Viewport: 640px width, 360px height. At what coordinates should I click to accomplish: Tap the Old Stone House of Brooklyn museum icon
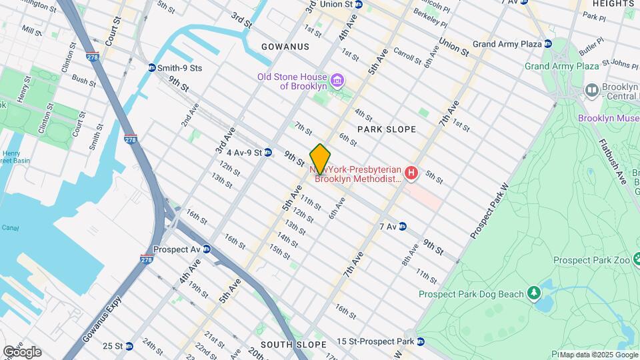point(338,81)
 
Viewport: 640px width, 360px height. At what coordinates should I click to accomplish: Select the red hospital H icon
point(411,174)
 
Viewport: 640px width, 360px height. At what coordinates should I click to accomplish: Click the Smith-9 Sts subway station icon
point(152,68)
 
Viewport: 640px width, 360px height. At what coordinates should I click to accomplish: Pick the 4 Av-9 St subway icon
point(267,153)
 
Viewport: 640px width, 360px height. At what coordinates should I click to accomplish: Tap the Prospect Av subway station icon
point(207,249)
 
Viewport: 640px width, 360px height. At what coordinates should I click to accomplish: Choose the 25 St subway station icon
point(129,346)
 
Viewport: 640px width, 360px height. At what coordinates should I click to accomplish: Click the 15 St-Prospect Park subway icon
point(420,341)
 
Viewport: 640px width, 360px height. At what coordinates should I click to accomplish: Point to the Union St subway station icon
point(359,4)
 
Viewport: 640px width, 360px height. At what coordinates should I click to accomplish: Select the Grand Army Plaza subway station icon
point(548,44)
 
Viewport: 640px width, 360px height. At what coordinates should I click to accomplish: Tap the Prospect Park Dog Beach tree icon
point(533,293)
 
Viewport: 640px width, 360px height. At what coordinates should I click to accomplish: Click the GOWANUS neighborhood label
point(285,47)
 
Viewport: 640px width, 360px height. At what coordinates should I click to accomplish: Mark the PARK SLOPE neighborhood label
point(386,129)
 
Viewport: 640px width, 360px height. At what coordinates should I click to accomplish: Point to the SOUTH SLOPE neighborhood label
point(293,345)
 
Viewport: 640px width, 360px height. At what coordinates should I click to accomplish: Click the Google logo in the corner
point(22,351)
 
